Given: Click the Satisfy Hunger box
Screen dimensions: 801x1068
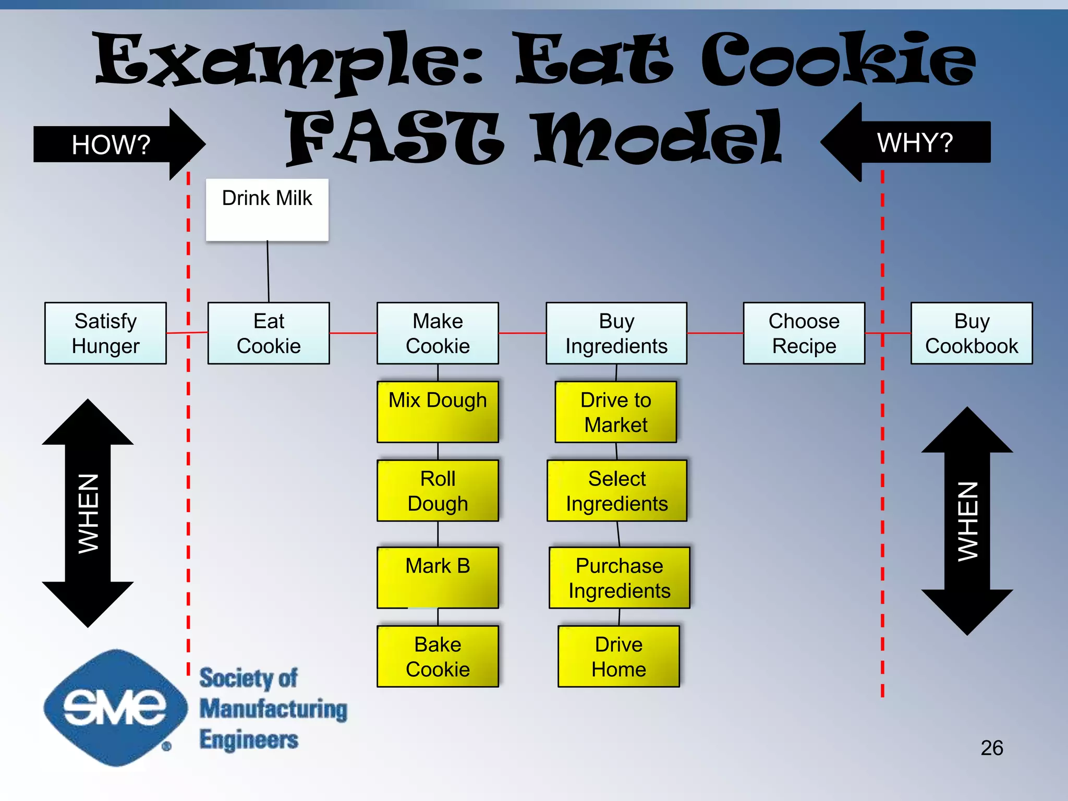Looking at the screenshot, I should pyautogui.click(x=105, y=333).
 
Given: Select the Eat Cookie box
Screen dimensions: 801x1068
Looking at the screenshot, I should pyautogui.click(x=269, y=333).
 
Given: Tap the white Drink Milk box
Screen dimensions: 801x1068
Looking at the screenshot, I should pyautogui.click(x=267, y=210).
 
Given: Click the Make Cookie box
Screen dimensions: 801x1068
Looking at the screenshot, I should pyautogui.click(x=438, y=333).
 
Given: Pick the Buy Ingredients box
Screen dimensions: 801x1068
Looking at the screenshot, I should pyautogui.click(x=616, y=333).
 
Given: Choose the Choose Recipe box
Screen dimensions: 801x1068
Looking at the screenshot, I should pyautogui.click(x=804, y=333).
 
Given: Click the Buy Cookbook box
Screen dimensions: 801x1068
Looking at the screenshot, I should pyautogui.click(x=972, y=333).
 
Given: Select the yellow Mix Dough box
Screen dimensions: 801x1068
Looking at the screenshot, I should pyautogui.click(x=438, y=412).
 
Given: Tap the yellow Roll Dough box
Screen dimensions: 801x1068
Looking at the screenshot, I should pyautogui.click(x=438, y=491).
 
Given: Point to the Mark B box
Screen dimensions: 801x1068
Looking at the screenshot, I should pyautogui.click(x=438, y=577).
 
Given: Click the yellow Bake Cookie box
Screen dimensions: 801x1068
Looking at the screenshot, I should pyautogui.click(x=438, y=657).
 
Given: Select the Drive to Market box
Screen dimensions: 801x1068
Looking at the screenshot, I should pyautogui.click(x=616, y=412).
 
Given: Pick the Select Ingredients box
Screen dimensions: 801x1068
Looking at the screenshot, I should pyautogui.click(x=617, y=491).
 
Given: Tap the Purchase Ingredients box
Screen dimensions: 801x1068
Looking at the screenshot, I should pyautogui.click(x=620, y=577).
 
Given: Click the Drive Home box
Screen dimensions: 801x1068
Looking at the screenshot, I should pyautogui.click(x=618, y=657).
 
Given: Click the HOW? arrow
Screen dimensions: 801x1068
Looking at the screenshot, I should pyautogui.click(x=115, y=144).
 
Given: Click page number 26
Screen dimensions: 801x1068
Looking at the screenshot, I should pyautogui.click(x=991, y=748).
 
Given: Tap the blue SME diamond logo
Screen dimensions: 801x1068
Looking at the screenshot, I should pyautogui.click(x=115, y=708).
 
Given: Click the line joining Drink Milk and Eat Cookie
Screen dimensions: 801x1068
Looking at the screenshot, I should pyautogui.click(x=268, y=271).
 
